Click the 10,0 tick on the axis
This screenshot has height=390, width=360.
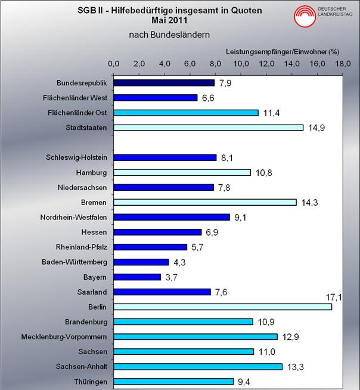tap(241, 64)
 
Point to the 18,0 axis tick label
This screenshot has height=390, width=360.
tap(342, 64)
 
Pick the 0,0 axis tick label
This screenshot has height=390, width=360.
tap(114, 64)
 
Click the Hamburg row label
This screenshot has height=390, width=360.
tap(92, 172)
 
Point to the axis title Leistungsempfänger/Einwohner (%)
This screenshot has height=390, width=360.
tap(282, 52)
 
